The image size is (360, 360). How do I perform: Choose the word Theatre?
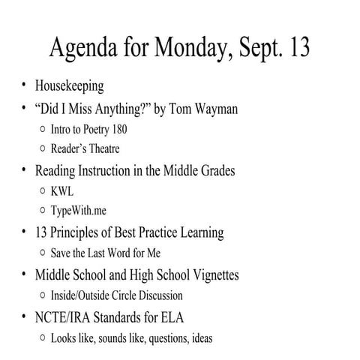pyautogui.click(x=103, y=149)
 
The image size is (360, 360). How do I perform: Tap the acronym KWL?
pyautogui.click(x=62, y=191)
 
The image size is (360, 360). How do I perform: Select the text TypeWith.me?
pyautogui.click(x=79, y=211)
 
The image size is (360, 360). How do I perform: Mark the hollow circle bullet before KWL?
pyautogui.click(x=42, y=191)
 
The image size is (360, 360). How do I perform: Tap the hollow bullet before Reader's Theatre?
pyautogui.click(x=42, y=149)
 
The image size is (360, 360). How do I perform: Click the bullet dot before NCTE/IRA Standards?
pyautogui.click(x=25, y=317)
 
